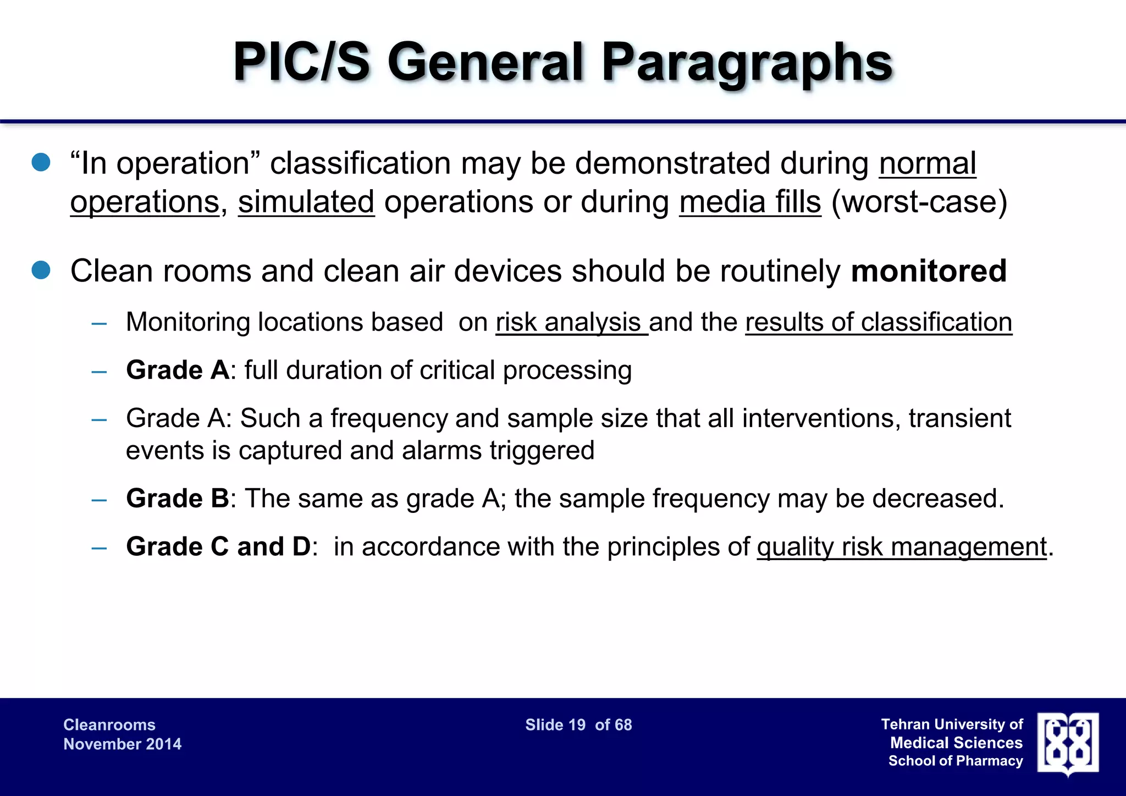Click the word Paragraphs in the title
(746, 63)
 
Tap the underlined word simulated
(306, 202)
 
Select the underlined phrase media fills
(750, 202)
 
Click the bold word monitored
(929, 271)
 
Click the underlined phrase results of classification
(878, 322)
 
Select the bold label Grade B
(177, 499)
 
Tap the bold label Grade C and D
(218, 547)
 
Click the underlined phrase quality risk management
(902, 547)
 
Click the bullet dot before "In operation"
(41, 163)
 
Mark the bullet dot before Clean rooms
(41, 270)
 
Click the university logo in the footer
(1068, 743)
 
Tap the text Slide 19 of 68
(578, 725)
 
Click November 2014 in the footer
(122, 744)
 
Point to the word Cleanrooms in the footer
(109, 725)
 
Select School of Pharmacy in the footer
(956, 761)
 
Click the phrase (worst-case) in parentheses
(919, 202)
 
